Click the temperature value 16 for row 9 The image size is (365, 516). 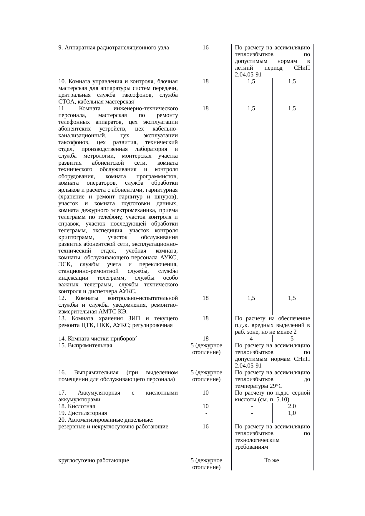pos(206,48)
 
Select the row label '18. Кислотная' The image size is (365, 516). pos(77,406)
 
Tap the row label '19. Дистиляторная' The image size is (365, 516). pos(82,413)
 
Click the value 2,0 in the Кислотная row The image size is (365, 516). pos(292,406)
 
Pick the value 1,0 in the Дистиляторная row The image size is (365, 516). pos(292,413)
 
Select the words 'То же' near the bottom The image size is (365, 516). pos(271,460)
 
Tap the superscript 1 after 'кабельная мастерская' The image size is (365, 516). pos(135,101)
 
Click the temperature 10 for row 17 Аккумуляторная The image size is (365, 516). pos(206,393)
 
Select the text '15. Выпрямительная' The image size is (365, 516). pos(85,345)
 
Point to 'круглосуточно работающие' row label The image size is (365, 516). pos(94,460)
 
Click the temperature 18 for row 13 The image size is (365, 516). pos(206,318)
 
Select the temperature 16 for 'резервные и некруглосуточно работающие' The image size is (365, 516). pos(206,427)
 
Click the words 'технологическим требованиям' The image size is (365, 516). pos(257,444)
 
